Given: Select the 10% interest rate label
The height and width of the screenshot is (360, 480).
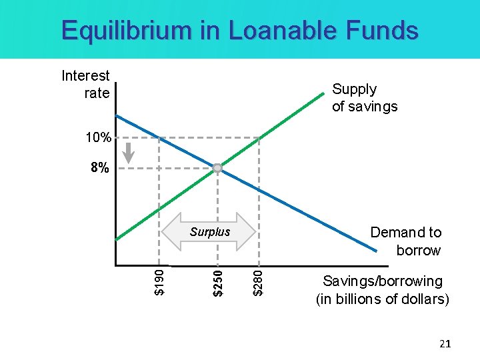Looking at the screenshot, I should pos(98,139).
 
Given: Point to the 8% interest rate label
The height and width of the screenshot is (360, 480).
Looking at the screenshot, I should pos(99,168).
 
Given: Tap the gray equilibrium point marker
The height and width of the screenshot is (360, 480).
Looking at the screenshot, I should pos(217,168).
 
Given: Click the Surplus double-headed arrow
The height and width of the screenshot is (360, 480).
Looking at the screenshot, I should pos(209,232).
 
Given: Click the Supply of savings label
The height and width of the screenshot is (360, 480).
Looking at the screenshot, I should pos(364,98).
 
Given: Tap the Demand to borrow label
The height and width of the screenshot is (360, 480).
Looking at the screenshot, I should pos(405,241).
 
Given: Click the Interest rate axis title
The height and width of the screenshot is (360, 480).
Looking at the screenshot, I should pos(86,85).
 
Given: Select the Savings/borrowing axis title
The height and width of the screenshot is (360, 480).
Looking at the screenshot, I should pos(382,290).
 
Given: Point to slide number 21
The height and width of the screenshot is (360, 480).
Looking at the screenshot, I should pos(445,343).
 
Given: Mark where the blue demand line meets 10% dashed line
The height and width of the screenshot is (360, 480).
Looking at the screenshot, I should pos(159,138).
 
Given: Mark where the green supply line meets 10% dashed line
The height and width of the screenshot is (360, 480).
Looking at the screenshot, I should pos(259,138).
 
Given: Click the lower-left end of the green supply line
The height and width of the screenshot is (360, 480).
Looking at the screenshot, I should pos(117,239).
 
